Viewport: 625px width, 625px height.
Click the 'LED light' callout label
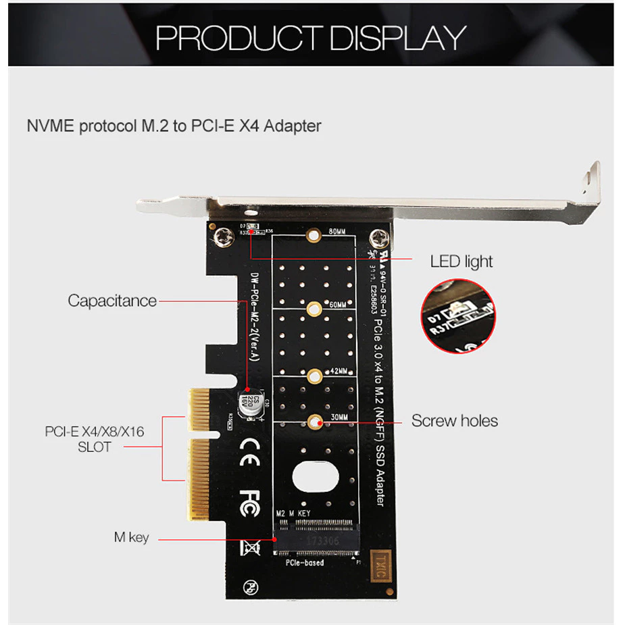point(461,261)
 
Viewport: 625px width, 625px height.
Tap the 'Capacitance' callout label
point(112,301)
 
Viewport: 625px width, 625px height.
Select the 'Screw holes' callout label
point(455,421)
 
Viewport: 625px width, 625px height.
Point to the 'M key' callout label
point(131,538)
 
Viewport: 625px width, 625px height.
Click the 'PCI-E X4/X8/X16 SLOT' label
point(95,439)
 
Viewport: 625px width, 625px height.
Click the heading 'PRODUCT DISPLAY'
point(311,39)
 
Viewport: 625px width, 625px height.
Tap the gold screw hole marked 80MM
point(314,236)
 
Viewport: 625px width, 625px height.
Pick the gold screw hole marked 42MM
point(314,376)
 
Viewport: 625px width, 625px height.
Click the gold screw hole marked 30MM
point(314,422)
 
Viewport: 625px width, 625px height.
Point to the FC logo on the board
point(249,502)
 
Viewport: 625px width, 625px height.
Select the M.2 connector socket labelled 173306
point(316,541)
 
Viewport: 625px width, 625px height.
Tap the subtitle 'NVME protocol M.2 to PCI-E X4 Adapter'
point(174,126)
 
